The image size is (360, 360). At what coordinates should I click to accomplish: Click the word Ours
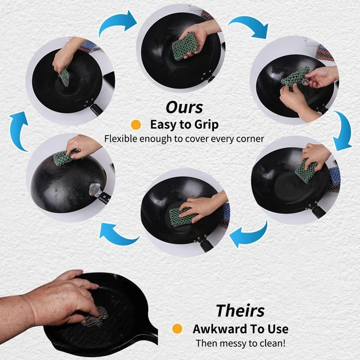click(x=184, y=108)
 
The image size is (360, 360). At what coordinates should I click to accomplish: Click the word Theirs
click(x=240, y=310)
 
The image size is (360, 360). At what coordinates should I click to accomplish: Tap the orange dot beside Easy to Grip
click(x=136, y=125)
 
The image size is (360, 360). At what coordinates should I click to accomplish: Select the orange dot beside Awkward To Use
click(x=177, y=329)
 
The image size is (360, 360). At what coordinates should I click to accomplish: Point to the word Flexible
click(x=121, y=139)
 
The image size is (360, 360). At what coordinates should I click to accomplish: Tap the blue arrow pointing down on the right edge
click(x=343, y=130)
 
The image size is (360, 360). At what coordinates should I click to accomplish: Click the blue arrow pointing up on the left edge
click(x=18, y=130)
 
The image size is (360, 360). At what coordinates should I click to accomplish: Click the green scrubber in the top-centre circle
click(x=184, y=46)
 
